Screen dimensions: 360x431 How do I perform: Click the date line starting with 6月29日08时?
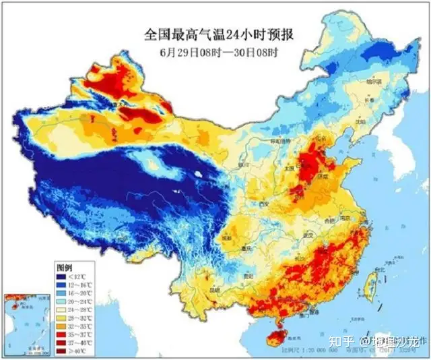(x=220, y=51)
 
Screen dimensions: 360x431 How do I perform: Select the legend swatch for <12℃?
(x=61, y=276)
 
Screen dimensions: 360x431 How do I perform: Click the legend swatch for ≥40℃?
(x=61, y=351)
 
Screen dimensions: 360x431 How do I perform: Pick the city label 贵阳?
(x=250, y=276)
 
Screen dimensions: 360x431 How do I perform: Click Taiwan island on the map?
(x=368, y=287)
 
